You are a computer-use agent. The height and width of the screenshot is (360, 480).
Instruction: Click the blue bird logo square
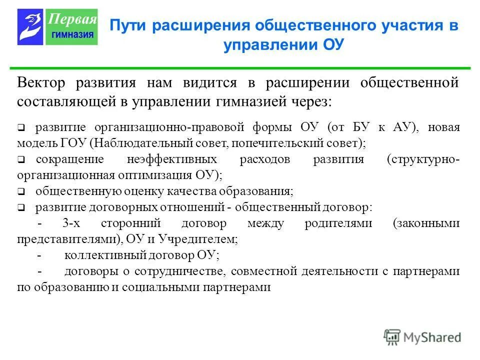[x=30, y=27]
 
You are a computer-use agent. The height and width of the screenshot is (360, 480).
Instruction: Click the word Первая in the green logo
[x=72, y=19]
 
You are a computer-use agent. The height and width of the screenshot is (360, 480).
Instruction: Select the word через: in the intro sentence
[x=309, y=101]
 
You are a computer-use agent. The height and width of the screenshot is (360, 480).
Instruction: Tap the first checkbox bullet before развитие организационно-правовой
[x=21, y=128]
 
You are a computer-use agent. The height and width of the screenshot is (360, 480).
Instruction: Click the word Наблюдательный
[x=133, y=142]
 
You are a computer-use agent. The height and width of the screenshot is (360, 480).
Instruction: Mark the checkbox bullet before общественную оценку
[x=21, y=191]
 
